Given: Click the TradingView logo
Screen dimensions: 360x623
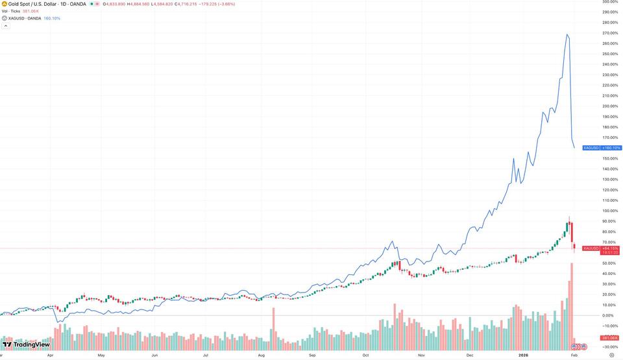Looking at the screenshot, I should pyautogui.click(x=27, y=344).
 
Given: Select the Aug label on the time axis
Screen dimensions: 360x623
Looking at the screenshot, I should pyautogui.click(x=260, y=355).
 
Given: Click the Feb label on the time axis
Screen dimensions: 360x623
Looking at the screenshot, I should pyautogui.click(x=574, y=355).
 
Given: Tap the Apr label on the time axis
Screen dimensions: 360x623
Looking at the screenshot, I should pyautogui.click(x=50, y=355).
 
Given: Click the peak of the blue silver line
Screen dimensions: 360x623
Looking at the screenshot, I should pyautogui.click(x=568, y=34).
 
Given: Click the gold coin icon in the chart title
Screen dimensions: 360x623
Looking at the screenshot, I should pyautogui.click(x=4, y=4).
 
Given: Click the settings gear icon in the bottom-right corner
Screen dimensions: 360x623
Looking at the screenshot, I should pyautogui.click(x=611, y=355).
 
